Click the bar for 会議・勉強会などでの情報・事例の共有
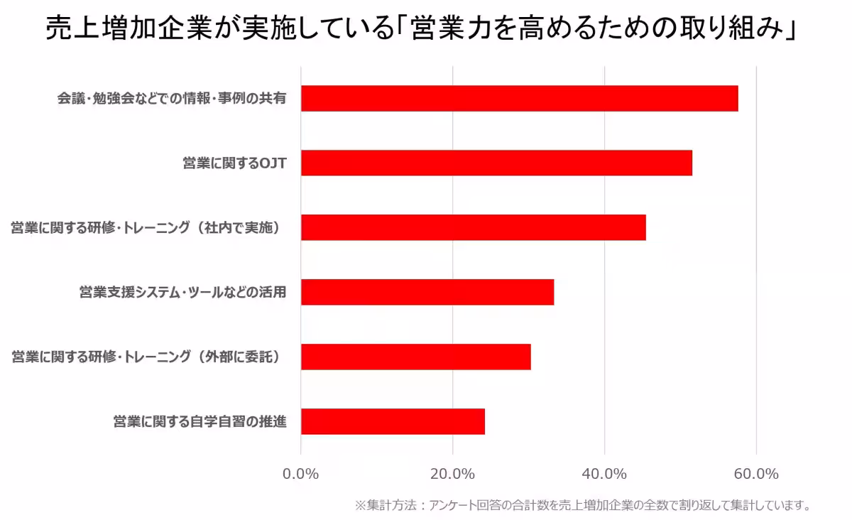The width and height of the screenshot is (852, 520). [x=519, y=99]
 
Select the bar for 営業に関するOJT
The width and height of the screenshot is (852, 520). [x=496, y=163]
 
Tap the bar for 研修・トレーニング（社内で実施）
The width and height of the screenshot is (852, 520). [x=473, y=227]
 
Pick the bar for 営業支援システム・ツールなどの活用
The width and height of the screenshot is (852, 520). [x=427, y=292]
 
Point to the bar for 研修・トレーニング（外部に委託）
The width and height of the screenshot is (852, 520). [x=415, y=357]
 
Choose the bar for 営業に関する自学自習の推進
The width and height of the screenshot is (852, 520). [x=393, y=421]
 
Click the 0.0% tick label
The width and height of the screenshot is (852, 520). [x=301, y=474]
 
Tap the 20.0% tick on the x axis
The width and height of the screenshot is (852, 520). [x=453, y=474]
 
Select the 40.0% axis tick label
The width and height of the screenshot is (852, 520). [x=604, y=474]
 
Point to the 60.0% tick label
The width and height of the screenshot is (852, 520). [x=756, y=474]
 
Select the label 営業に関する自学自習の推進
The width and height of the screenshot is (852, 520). [x=200, y=421]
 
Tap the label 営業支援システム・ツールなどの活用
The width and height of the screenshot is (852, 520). [x=182, y=292]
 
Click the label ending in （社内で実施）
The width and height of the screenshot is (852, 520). [x=148, y=228]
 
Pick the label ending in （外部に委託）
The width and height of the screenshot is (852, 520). [x=148, y=357]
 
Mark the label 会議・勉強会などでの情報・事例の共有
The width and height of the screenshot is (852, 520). [x=172, y=99]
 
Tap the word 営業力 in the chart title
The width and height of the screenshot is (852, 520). [x=460, y=31]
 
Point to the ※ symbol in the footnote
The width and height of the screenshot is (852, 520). [x=360, y=506]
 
